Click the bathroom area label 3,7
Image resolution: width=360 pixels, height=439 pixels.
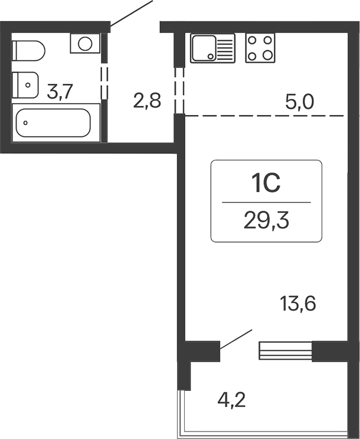60,91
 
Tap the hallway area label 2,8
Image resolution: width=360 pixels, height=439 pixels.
147,101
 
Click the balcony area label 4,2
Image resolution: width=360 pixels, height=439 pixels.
232,400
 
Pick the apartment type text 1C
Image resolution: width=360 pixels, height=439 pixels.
266,184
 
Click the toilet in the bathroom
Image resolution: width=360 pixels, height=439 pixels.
28,52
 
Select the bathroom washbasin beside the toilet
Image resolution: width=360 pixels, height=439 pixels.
25,85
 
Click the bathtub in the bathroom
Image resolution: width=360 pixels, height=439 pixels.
53,122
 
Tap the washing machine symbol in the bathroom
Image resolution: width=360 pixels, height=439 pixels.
85,44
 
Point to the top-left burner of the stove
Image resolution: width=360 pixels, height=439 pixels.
253,41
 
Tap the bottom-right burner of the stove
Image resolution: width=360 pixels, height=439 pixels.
268,55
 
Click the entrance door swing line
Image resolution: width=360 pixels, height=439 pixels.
132,13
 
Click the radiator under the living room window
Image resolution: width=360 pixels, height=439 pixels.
285,351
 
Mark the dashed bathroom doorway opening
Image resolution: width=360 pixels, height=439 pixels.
104,82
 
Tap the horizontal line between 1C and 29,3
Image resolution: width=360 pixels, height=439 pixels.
266,202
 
